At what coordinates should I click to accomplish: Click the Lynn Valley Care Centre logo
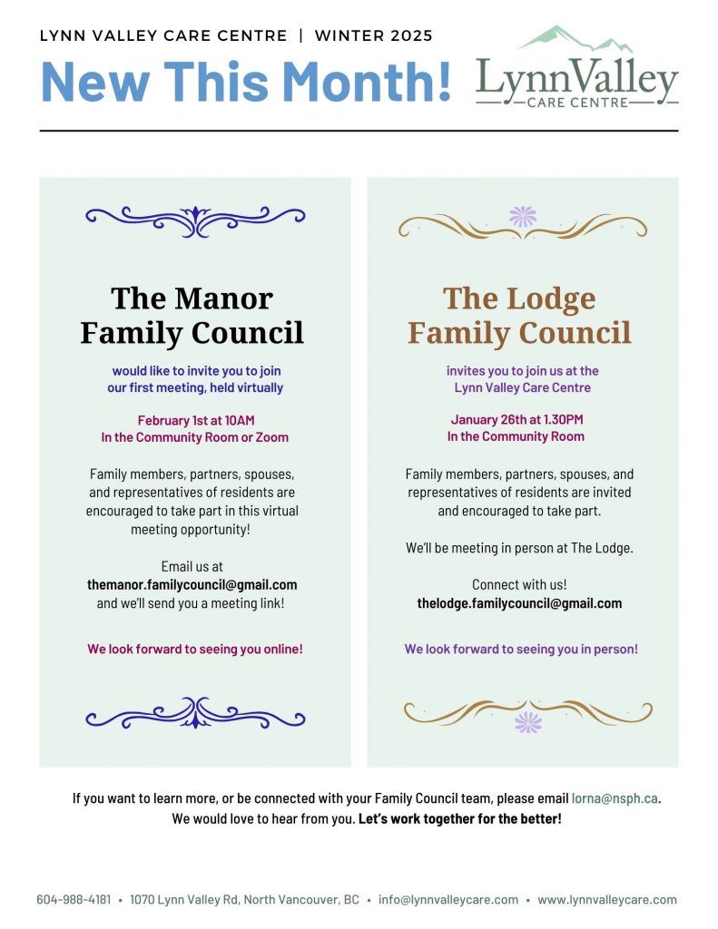(577, 70)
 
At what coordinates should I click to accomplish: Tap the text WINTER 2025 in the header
(373, 36)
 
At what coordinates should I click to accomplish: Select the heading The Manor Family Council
(192, 315)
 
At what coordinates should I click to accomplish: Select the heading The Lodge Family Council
(519, 315)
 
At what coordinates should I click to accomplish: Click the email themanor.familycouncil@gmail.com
(192, 584)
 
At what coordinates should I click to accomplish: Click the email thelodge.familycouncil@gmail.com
(519, 603)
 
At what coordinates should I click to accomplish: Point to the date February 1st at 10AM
(195, 420)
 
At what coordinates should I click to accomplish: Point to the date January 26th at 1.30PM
(516, 419)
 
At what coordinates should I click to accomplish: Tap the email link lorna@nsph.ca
(615, 798)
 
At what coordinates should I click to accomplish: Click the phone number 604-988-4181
(74, 900)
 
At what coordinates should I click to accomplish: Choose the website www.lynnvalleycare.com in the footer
(607, 900)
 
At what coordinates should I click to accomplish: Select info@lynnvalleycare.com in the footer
(448, 900)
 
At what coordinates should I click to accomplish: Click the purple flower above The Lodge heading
(523, 216)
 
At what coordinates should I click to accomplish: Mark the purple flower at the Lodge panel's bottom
(527, 722)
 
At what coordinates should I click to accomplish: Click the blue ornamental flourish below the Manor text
(195, 713)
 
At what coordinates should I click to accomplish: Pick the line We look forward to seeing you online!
(195, 650)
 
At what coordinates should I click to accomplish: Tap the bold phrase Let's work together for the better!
(460, 819)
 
